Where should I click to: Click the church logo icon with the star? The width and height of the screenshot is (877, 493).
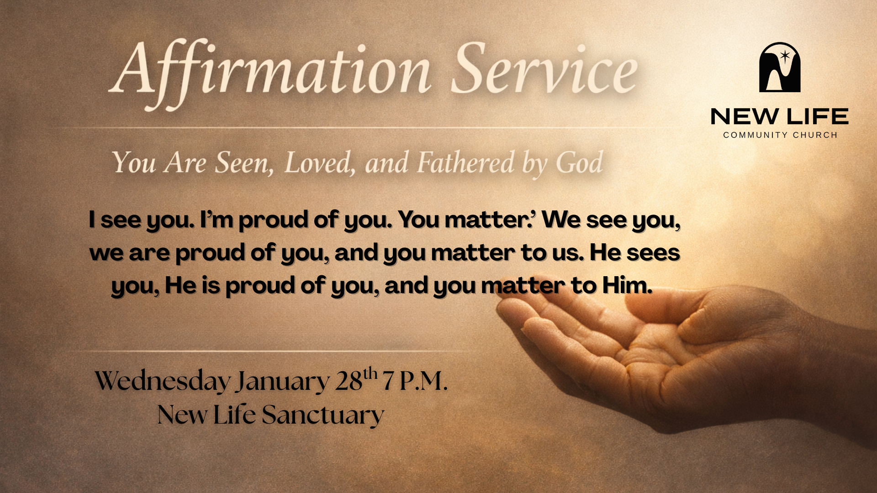coord(780,67)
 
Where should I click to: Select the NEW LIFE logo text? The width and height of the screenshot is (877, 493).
coord(780,116)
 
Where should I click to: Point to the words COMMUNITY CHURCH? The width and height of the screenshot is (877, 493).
coord(780,135)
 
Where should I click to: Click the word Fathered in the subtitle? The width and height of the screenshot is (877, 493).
coord(466,163)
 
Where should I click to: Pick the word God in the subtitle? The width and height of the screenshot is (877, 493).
coord(579,163)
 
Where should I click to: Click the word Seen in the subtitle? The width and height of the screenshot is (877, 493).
coord(244,163)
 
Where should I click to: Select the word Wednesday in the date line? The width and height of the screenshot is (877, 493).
coord(163,381)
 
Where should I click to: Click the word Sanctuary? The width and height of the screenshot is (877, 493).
coord(323,415)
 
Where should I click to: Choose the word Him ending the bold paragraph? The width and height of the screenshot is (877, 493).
coord(627,285)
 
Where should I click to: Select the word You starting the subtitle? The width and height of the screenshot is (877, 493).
coord(134,163)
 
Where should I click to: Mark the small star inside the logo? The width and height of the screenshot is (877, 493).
coord(785,56)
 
